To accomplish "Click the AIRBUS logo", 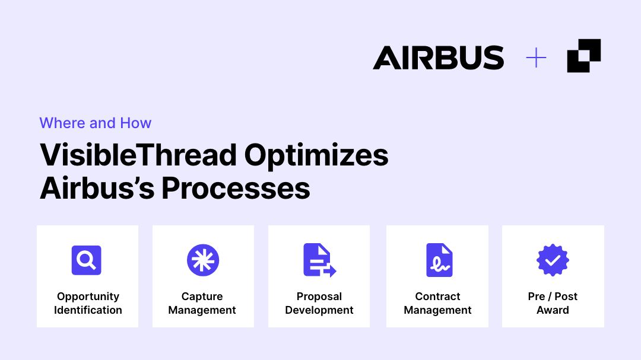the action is point(438,57).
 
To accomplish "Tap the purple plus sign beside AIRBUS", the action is point(536,58).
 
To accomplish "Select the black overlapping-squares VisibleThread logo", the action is point(584,56).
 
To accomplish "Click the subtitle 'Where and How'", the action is point(95,123).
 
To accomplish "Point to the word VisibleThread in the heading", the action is point(138,155).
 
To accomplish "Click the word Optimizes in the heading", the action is point(316,156).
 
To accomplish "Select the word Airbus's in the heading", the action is point(97,189).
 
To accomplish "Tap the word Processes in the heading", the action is point(236,189).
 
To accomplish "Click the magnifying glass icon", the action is point(86,260).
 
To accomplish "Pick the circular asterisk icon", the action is point(203,260).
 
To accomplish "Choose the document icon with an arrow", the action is point(320,260).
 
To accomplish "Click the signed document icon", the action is point(439,260).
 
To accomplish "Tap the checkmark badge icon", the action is point(553,260).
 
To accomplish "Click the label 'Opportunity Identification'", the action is point(88,303).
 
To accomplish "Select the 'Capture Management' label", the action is point(202,303).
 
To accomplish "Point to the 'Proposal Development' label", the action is point(319,303).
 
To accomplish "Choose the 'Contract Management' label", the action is point(437,303).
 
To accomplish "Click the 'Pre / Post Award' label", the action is point(553,303).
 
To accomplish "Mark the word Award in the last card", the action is point(553,310).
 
